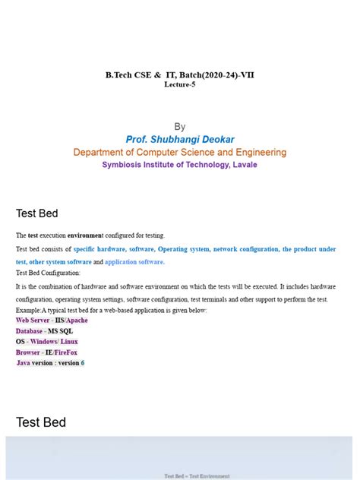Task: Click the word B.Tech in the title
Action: pos(118,74)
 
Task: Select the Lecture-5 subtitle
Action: pos(179,84)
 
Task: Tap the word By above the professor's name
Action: pos(179,127)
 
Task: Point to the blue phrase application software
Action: pos(134,262)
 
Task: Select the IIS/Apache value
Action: pos(71,321)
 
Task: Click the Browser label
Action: pos(28,352)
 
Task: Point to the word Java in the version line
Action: pos(24,363)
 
